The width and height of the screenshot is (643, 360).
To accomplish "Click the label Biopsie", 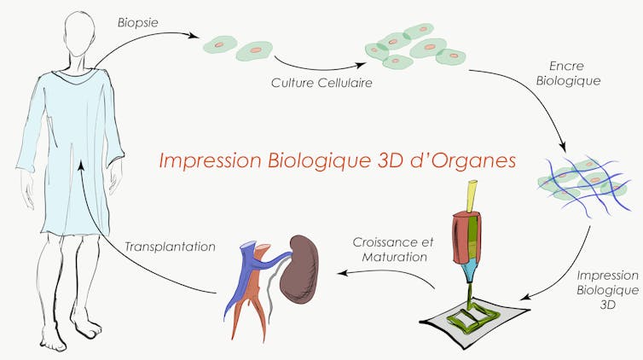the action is (x=138, y=23).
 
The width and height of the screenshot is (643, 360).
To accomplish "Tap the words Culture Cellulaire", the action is (x=321, y=83).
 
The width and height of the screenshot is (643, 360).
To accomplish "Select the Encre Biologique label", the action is (x=568, y=73).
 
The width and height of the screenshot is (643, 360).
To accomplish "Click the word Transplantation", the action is (x=170, y=247).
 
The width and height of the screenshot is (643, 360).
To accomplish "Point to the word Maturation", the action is (x=395, y=257).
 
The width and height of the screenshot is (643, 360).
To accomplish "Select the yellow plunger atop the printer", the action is (x=472, y=196).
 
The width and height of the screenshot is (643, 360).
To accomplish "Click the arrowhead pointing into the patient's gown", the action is (x=81, y=165).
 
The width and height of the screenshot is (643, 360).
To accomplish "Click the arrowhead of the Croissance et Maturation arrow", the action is (x=343, y=273).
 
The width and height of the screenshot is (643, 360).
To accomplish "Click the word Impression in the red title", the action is (x=210, y=161).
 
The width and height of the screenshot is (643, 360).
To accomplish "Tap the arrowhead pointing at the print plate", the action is (x=529, y=297).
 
